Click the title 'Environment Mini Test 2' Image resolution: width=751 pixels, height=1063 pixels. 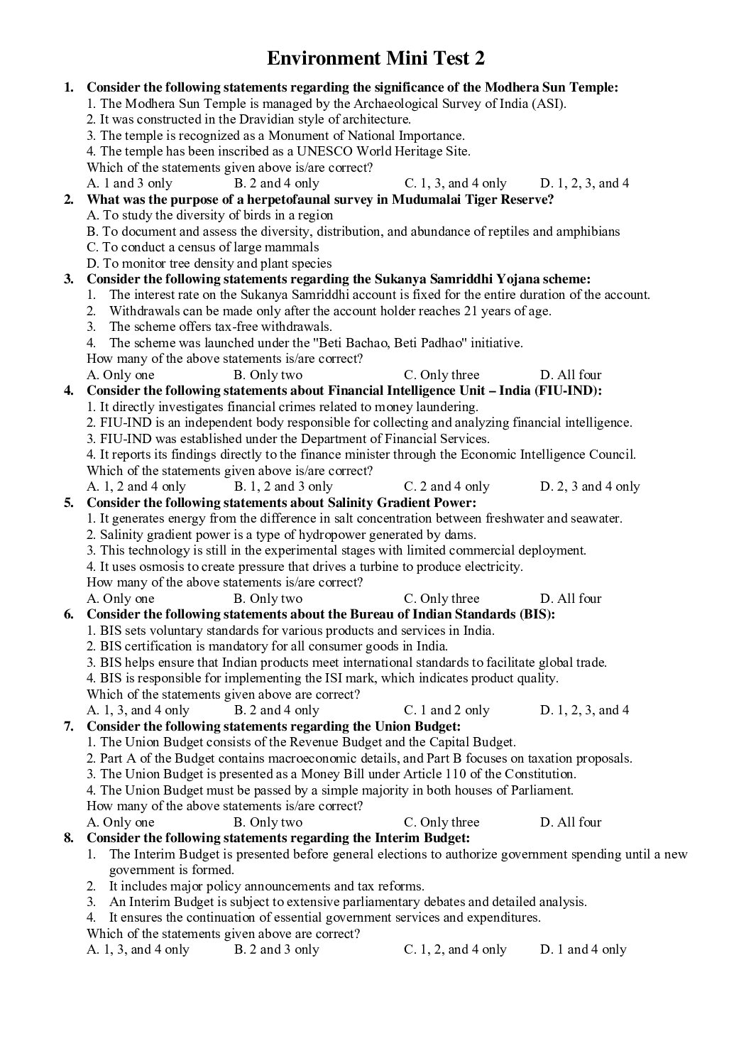pyautogui.click(x=375, y=58)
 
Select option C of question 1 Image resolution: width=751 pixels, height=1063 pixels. pyautogui.click(x=455, y=183)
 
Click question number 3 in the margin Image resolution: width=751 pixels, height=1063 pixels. pyautogui.click(x=69, y=279)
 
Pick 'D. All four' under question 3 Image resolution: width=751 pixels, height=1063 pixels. pyautogui.click(x=571, y=375)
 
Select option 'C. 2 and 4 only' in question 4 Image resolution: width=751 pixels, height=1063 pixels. pyautogui.click(x=446, y=486)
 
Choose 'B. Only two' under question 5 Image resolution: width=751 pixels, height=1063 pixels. pyautogui.click(x=268, y=599)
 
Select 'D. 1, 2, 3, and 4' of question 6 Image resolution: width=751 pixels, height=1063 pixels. pyautogui.click(x=584, y=710)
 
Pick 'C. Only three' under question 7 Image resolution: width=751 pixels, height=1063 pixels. pyautogui.click(x=442, y=822)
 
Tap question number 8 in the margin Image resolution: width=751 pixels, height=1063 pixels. pyautogui.click(x=69, y=838)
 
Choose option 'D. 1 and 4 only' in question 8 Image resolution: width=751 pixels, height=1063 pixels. pyautogui.click(x=583, y=949)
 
